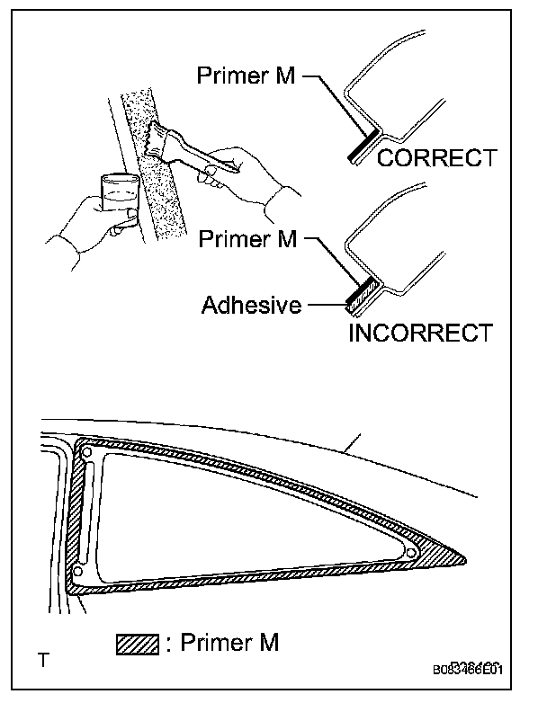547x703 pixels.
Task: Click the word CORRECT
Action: [436, 158]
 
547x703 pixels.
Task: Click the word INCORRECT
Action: [421, 333]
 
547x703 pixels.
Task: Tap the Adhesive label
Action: [251, 305]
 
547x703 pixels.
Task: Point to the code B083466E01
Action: [468, 670]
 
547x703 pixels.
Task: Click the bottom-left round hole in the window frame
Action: [78, 570]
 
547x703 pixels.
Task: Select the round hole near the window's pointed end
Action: [410, 552]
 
